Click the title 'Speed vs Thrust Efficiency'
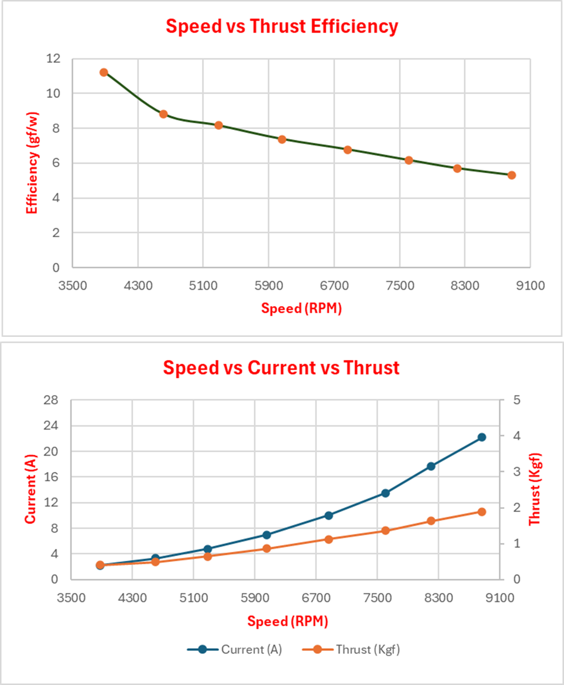pyautogui.click(x=282, y=27)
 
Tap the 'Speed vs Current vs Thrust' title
pyautogui.click(x=281, y=368)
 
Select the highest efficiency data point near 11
pyautogui.click(x=104, y=72)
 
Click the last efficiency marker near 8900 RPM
pyautogui.click(x=512, y=175)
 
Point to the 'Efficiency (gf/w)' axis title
pyautogui.click(x=32, y=163)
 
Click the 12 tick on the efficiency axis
pyautogui.click(x=54, y=59)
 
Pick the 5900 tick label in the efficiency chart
pyautogui.click(x=269, y=286)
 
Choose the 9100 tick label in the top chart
pyautogui.click(x=530, y=286)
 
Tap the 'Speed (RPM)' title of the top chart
pyautogui.click(x=301, y=308)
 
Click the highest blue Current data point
pyautogui.click(x=482, y=437)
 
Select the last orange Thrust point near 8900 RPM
pyautogui.click(x=482, y=512)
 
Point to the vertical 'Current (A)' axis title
pyautogui.click(x=30, y=489)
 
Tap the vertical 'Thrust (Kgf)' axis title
pyautogui.click(x=534, y=489)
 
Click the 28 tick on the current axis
pyautogui.click(x=51, y=400)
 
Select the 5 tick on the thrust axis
pyautogui.click(x=517, y=400)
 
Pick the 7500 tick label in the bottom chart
pyautogui.click(x=377, y=598)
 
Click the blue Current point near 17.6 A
pyautogui.click(x=431, y=466)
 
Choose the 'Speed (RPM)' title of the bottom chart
pyautogui.click(x=287, y=621)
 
